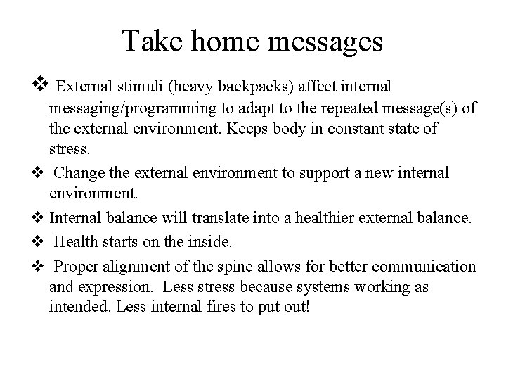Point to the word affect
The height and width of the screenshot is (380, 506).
(317, 87)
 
